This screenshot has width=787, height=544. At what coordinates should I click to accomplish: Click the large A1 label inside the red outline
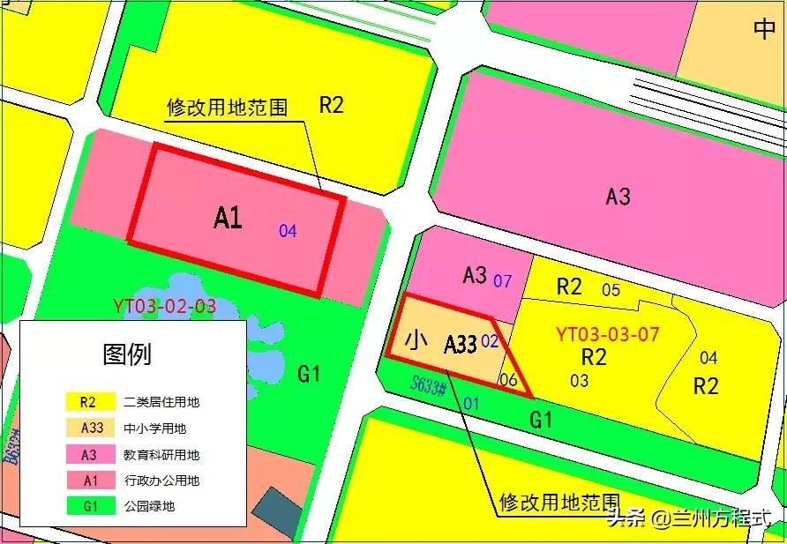point(228,218)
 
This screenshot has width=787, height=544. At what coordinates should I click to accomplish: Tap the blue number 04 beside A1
point(288,232)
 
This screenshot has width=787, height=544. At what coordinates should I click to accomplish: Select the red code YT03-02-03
point(164,307)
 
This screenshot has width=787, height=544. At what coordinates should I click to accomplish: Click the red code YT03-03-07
point(608,335)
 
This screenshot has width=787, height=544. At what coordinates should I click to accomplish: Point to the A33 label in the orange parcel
point(460,344)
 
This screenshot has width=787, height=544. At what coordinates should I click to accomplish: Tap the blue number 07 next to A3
point(503,281)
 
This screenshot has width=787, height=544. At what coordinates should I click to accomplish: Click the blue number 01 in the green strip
point(471,403)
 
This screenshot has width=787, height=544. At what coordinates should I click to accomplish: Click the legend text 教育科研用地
point(161,455)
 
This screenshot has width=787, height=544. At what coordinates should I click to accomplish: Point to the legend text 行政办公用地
point(161,481)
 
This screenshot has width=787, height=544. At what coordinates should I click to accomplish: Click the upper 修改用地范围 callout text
point(227,108)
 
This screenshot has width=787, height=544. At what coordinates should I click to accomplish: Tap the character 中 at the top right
point(764,29)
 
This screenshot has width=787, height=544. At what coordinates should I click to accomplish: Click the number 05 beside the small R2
point(611,289)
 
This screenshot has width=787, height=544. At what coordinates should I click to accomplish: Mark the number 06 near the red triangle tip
point(508,380)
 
